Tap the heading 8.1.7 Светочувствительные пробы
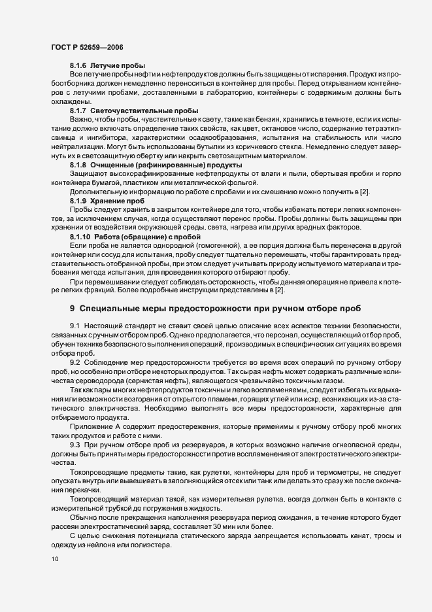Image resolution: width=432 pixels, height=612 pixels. coord(134,110)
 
